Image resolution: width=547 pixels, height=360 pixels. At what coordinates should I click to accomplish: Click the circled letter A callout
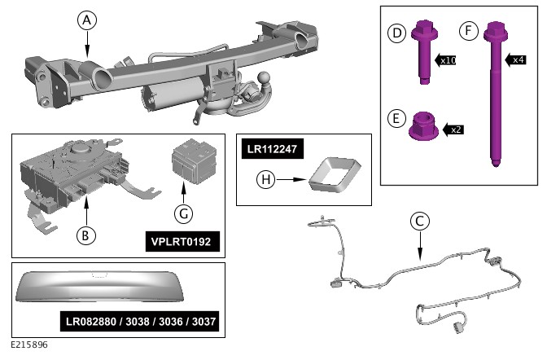(88, 20)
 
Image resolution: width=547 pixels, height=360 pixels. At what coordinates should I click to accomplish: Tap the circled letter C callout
(419, 221)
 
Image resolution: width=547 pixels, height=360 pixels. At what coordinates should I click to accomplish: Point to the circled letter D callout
(397, 33)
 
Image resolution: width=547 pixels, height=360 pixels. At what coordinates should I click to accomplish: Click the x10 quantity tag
(446, 60)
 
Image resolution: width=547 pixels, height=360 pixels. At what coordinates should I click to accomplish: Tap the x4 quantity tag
(516, 59)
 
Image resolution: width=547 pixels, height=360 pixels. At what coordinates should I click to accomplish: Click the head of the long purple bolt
(493, 33)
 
